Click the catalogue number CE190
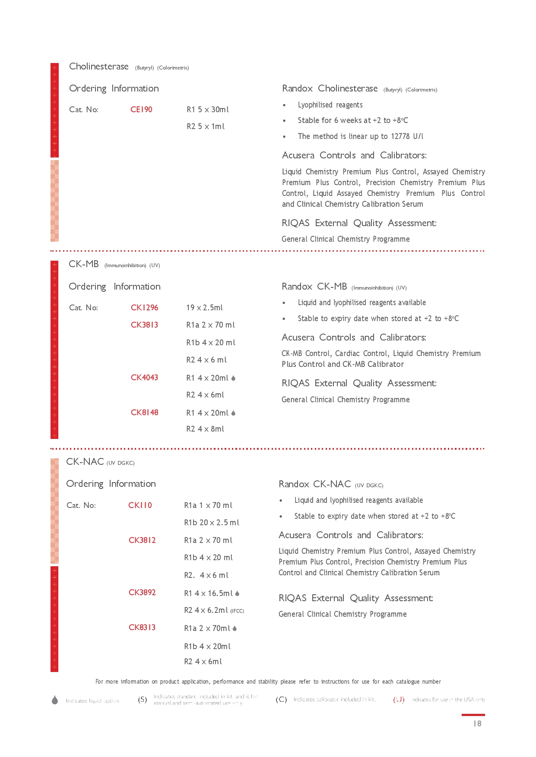point(141,110)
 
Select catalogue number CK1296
point(144,308)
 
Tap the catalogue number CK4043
point(144,378)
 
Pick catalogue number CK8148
point(144,413)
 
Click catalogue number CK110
point(140,505)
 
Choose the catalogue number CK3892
point(142,593)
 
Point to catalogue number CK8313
point(142,628)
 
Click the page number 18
point(477,724)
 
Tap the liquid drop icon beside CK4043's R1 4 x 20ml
point(233,378)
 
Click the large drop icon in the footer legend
point(55,700)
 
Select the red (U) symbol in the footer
point(399,700)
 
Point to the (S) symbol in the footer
point(143,700)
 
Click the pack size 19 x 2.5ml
point(204,308)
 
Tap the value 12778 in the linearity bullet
point(400,136)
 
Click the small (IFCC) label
point(237,611)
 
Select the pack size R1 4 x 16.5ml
point(208,593)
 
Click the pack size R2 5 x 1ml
point(206,126)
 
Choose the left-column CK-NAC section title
point(85,462)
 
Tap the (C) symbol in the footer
point(281,700)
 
